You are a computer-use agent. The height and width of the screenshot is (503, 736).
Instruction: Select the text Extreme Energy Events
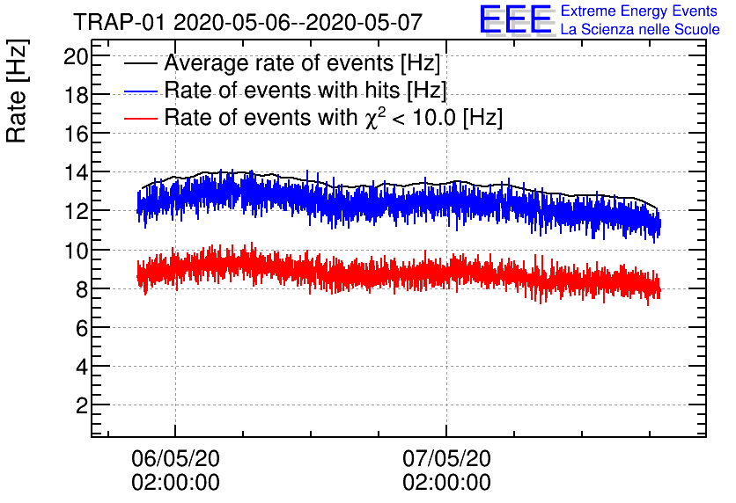[x=640, y=11]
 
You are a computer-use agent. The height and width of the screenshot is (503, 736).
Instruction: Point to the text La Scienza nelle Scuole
[x=640, y=30]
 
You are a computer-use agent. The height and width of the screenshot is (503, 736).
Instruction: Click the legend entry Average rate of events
[x=302, y=64]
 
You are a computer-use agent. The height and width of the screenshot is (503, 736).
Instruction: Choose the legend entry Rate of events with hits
[x=305, y=91]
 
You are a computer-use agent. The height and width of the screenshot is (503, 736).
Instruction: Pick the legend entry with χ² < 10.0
[x=334, y=117]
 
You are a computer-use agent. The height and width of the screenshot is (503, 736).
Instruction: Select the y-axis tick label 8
[x=80, y=288]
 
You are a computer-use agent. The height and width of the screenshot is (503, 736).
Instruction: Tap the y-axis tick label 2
[x=80, y=405]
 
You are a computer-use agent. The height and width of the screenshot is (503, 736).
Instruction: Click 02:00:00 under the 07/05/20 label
[x=446, y=483]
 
